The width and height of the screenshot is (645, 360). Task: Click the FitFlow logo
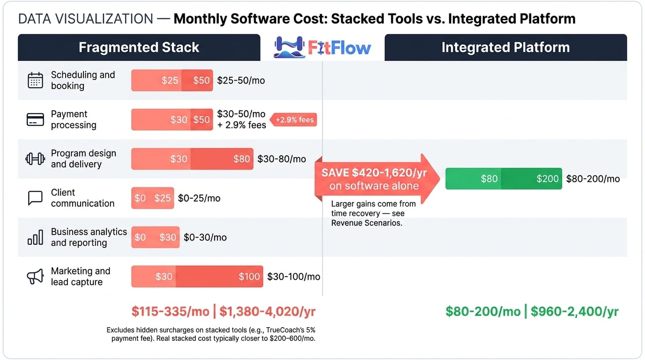point(322,47)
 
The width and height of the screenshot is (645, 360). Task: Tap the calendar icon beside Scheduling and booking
point(36,80)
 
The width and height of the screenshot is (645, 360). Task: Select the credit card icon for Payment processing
point(36,120)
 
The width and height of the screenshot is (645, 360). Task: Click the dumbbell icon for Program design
point(36,158)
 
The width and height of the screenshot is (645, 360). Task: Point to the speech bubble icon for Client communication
point(36,198)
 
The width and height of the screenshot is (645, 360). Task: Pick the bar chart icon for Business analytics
point(36,237)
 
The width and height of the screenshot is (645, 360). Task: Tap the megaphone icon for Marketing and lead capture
point(36,277)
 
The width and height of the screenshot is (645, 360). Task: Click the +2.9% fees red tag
point(294,120)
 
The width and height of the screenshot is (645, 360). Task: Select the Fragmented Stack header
point(139,47)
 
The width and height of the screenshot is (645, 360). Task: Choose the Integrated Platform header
point(505,47)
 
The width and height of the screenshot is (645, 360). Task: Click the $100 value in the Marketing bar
point(249,277)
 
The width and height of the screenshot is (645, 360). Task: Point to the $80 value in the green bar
point(489,179)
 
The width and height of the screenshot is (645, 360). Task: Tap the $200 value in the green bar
point(547,179)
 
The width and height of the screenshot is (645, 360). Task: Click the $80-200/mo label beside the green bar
point(592,179)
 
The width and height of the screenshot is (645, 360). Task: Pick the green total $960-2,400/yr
point(575,312)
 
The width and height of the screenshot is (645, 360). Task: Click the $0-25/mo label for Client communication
point(199,198)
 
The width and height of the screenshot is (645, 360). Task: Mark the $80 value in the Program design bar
point(241,159)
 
